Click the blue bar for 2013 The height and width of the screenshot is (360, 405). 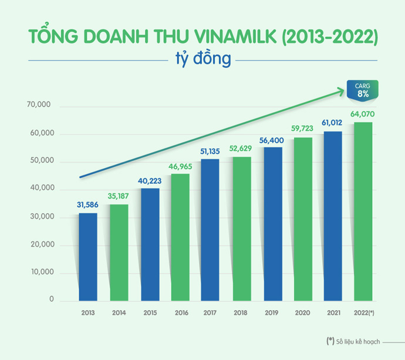(x=88, y=257)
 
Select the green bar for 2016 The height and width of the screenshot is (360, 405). (x=180, y=237)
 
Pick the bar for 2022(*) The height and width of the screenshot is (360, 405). (x=363, y=211)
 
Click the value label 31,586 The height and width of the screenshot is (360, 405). (x=88, y=205)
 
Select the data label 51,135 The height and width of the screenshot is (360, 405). (x=211, y=152)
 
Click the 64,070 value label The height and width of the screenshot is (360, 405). (x=363, y=114)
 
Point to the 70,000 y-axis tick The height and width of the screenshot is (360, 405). (x=40, y=106)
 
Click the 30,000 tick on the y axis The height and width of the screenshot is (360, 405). (x=40, y=217)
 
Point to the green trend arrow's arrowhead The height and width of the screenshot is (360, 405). (x=339, y=90)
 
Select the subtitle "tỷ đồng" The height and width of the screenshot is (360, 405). (x=203, y=59)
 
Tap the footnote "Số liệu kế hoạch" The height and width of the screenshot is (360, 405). (x=358, y=341)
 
